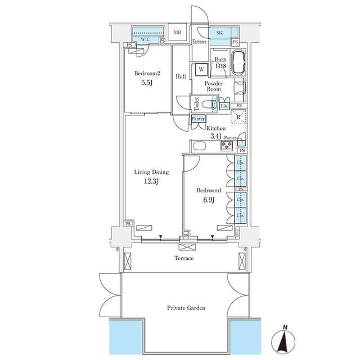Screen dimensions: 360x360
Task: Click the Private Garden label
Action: [x=186, y=308]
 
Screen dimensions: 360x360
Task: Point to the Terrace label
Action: [x=184, y=258]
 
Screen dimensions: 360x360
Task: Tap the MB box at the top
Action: [x=177, y=33]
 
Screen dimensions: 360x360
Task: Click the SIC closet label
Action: [x=219, y=33]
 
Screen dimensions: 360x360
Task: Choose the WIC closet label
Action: [x=145, y=40]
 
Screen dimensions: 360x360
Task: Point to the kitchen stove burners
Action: [x=227, y=146]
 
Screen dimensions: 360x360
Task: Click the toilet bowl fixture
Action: [x=212, y=104]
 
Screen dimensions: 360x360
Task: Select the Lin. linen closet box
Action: [x=224, y=105]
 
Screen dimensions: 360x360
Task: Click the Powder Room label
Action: [x=213, y=85]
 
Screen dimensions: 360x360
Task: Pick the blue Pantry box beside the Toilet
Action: [x=198, y=119]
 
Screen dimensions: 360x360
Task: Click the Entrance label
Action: [x=200, y=42]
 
